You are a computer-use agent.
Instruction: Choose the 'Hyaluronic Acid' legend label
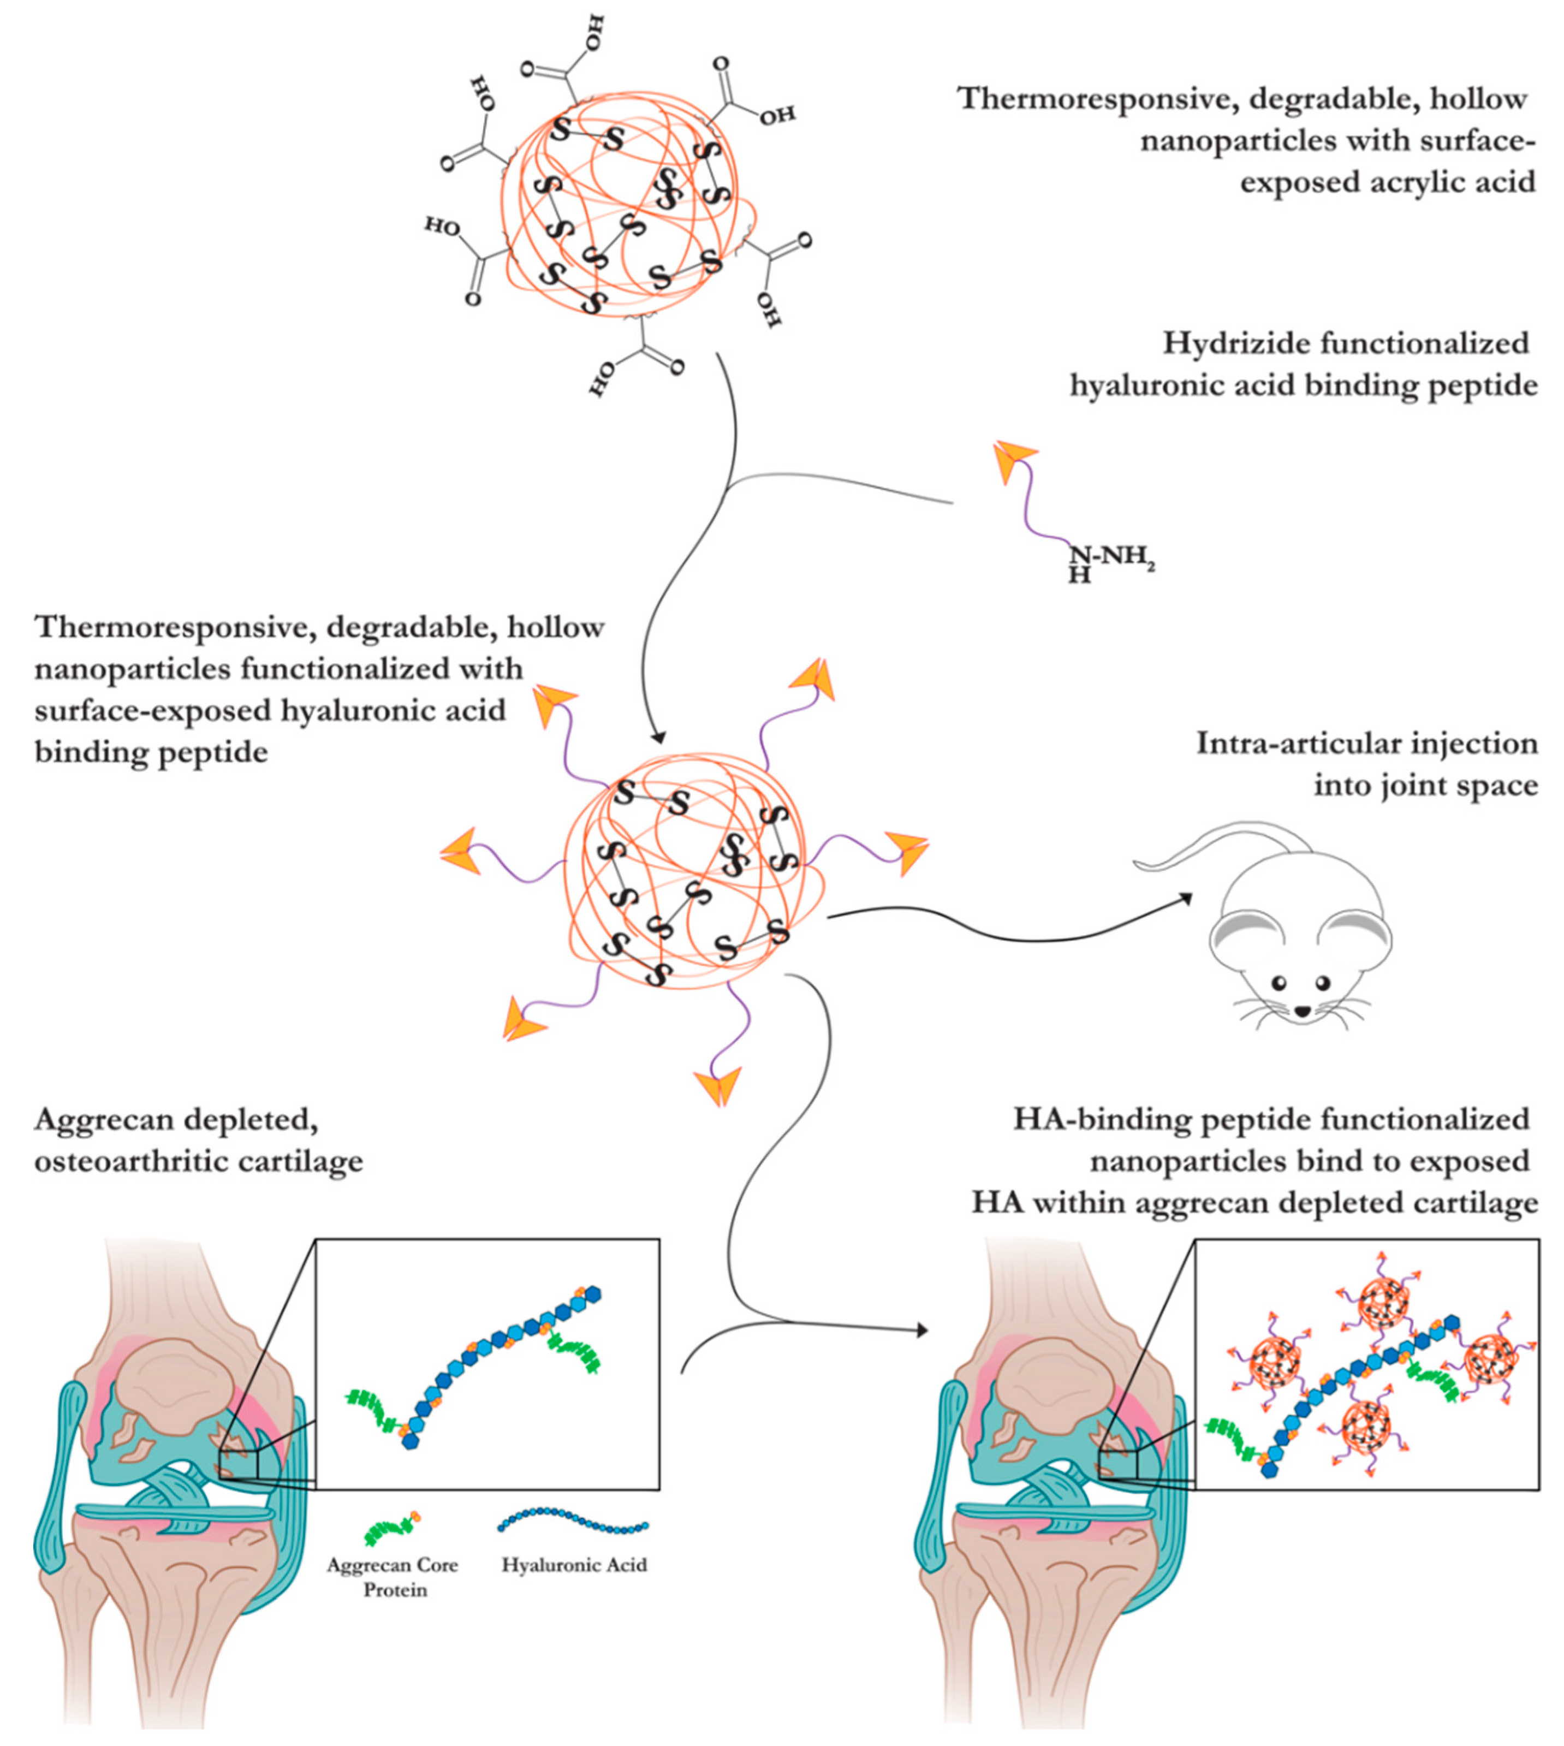574,1565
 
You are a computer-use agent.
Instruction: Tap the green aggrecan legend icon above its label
391,1527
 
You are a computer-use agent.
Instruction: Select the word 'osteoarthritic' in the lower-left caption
128,1162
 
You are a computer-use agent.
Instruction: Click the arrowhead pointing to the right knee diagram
923,1331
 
